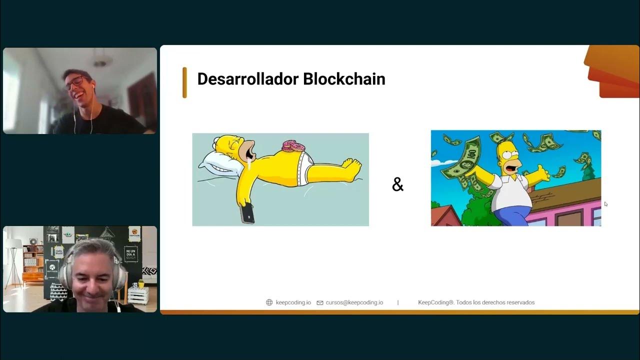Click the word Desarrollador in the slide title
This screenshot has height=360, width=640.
point(247,79)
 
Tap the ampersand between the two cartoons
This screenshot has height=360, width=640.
point(397,185)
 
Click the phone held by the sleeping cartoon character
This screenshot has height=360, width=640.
point(247,213)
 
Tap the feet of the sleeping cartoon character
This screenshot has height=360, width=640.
point(352,166)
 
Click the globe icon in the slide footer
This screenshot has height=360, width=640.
point(269,302)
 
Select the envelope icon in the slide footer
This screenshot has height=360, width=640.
point(320,302)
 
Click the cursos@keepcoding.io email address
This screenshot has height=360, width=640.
point(354,302)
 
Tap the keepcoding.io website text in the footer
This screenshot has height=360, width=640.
point(293,302)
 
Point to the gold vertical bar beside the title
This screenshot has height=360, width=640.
point(184,82)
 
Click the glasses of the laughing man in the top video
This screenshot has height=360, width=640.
point(75,82)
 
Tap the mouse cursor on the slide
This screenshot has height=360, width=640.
point(605,203)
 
